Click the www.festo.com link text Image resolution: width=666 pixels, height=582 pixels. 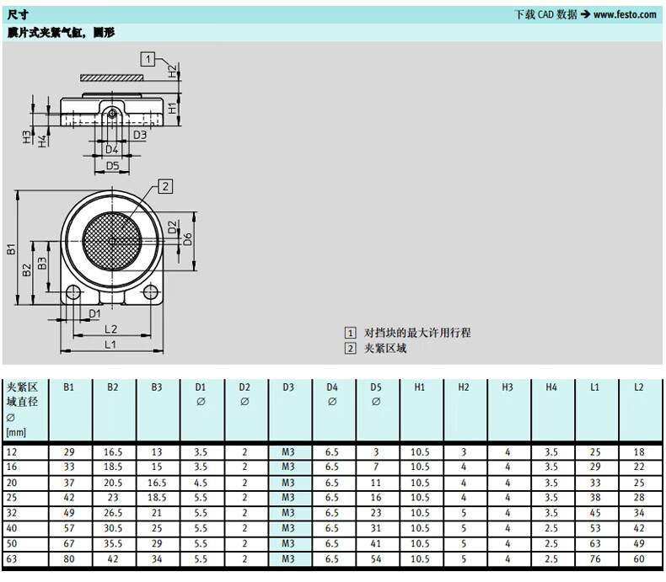tap(625, 15)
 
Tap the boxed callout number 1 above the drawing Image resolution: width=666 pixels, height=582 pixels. tap(148, 59)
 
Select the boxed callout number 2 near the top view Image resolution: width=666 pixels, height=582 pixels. tap(165, 186)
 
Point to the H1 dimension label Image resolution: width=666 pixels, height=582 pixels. tap(173, 108)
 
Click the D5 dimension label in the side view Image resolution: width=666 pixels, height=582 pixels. tap(113, 165)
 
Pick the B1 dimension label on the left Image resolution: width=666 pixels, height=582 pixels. tap(12, 248)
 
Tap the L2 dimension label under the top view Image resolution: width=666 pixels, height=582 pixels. tap(110, 328)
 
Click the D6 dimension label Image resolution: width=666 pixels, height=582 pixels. tap(188, 239)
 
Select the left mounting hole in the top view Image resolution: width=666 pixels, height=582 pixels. tap(73, 292)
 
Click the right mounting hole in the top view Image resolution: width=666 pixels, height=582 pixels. tap(150, 292)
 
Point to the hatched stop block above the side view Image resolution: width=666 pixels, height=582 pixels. tap(112, 77)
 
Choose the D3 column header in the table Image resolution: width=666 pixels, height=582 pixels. tap(288, 387)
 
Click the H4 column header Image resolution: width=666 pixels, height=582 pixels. tap(551, 387)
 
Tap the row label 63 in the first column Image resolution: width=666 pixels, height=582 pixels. tap(12, 558)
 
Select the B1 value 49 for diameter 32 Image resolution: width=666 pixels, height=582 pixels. tap(69, 513)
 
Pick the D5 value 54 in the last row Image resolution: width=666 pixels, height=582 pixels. tap(376, 558)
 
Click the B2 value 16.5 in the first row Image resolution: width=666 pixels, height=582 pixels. tap(113, 452)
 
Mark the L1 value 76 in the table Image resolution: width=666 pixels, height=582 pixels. tap(595, 558)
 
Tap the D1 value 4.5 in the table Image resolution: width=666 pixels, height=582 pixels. tap(201, 483)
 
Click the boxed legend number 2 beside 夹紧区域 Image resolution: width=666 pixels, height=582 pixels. tap(350, 348)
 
